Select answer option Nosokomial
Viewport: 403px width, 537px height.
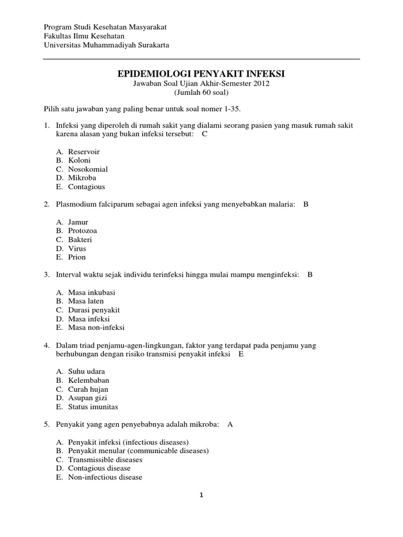coord(88,169)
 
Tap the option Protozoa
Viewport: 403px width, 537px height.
coord(82,231)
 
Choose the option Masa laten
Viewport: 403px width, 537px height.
coord(86,301)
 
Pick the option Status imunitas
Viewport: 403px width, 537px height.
coord(93,406)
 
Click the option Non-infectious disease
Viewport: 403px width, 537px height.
coord(105,477)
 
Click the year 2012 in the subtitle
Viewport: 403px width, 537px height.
coord(261,83)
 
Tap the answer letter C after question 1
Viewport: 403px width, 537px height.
coord(205,134)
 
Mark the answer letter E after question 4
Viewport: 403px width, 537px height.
coord(241,354)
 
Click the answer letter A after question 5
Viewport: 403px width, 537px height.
coord(230,424)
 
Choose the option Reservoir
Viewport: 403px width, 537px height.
coord(83,152)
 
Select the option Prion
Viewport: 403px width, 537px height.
coord(77,257)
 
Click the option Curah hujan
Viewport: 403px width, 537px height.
coord(88,389)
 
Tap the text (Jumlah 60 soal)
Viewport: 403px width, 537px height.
coord(201,92)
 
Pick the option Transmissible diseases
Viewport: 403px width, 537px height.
coord(105,459)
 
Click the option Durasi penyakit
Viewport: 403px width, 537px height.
coord(94,310)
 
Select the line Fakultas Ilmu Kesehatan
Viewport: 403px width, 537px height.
coord(83,36)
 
